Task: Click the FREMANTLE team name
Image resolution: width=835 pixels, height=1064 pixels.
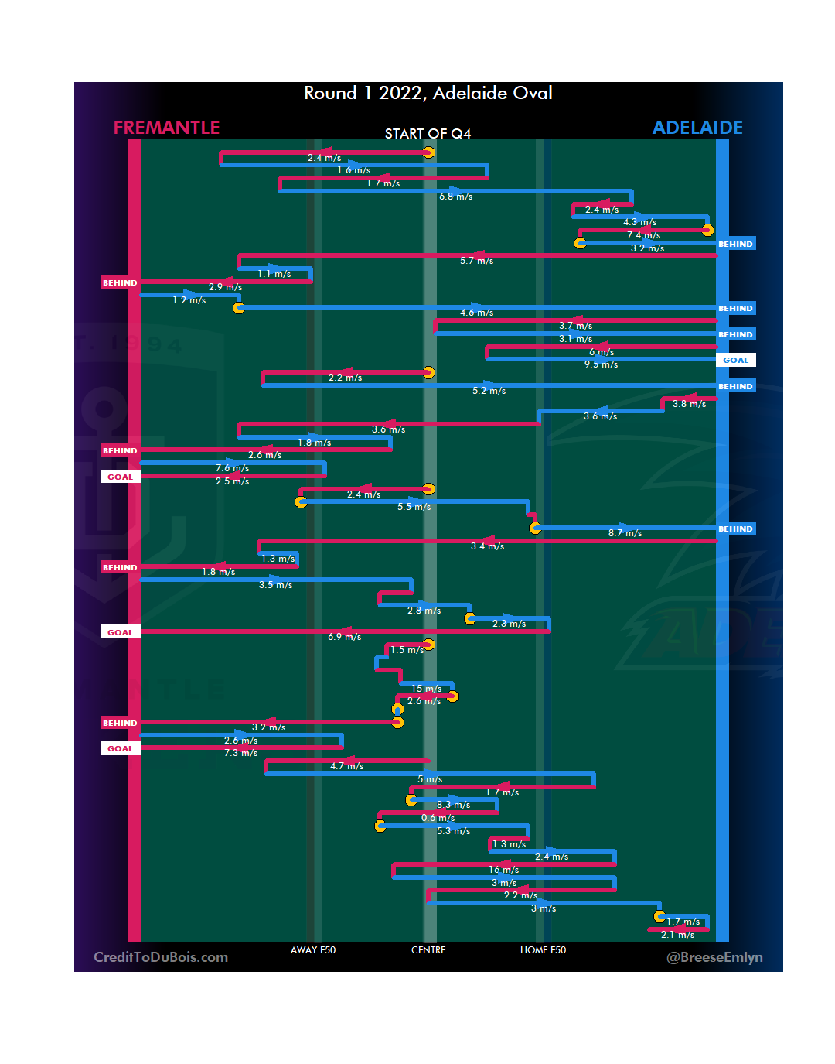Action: click(x=166, y=128)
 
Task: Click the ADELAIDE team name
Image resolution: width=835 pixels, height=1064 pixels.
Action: click(x=697, y=128)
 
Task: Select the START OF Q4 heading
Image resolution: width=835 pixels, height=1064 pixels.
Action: click(x=428, y=134)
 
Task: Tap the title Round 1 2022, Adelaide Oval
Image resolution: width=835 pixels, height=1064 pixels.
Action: click(x=428, y=93)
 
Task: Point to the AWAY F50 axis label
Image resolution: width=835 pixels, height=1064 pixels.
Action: click(x=313, y=950)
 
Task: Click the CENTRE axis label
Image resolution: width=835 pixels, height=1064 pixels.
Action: click(x=428, y=950)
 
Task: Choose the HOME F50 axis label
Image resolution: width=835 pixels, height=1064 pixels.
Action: click(x=543, y=950)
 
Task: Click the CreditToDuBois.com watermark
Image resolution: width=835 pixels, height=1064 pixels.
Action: click(x=161, y=957)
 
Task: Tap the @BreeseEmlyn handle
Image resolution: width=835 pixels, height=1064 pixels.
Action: click(x=714, y=957)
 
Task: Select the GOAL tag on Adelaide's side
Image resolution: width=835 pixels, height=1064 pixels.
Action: click(x=735, y=361)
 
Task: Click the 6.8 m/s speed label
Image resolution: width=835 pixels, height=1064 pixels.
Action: click(x=456, y=197)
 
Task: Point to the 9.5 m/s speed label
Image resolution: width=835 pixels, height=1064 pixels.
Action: click(x=601, y=364)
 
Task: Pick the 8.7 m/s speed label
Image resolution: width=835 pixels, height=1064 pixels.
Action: click(x=625, y=533)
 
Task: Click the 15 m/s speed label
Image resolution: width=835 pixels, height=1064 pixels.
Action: click(x=427, y=689)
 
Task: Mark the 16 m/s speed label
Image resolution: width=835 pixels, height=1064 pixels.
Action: click(x=503, y=870)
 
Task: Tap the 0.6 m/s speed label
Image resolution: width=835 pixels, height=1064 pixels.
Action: click(x=438, y=818)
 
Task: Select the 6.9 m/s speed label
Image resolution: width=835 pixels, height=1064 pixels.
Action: click(x=345, y=637)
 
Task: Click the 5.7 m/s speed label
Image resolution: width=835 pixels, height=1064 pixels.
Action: click(x=476, y=261)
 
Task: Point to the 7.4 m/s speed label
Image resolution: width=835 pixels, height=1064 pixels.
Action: click(x=643, y=235)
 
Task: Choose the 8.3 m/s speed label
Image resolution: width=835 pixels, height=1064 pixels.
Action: click(x=453, y=805)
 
